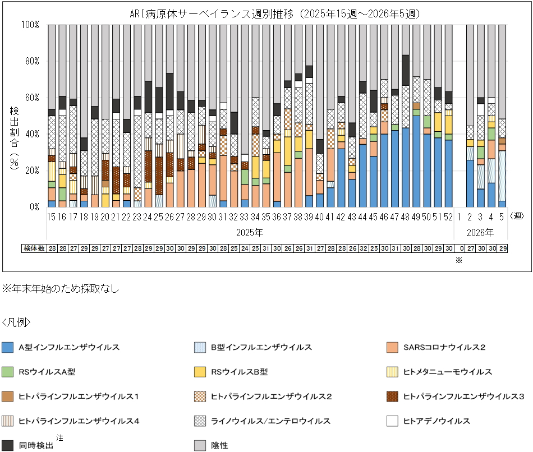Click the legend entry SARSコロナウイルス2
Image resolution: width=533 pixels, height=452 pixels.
pos(444,348)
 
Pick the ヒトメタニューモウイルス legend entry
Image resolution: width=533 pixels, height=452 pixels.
pos(448,372)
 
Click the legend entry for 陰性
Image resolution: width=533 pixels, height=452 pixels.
pos(220,445)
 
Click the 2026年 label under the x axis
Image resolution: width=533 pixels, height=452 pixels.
pos(480,232)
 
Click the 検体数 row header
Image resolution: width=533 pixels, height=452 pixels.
pos(34,248)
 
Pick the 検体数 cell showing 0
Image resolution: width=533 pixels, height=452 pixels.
pos(458,248)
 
